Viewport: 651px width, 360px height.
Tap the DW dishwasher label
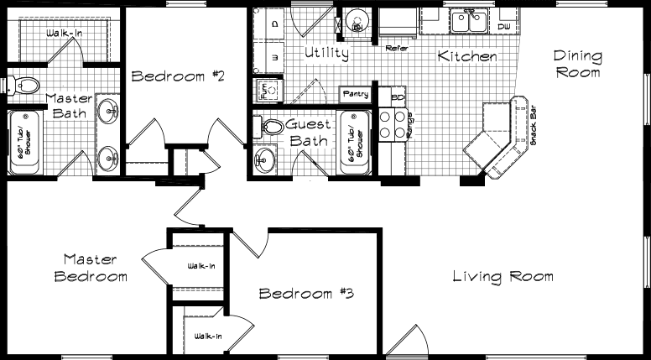tap(503, 27)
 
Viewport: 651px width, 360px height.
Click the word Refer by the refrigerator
tap(396, 49)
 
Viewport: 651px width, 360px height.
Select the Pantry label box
tap(355, 93)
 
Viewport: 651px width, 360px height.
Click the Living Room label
tap(503, 276)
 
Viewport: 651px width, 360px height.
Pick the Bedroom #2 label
tap(179, 77)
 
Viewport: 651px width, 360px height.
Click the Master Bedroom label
tap(91, 268)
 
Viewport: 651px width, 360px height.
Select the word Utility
tap(326, 54)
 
